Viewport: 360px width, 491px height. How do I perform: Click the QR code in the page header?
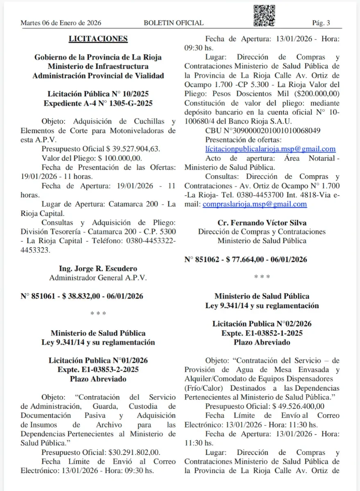coord(264,16)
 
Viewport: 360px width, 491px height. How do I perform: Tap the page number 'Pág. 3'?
coord(321,23)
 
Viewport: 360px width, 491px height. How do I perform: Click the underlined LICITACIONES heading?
coord(98,39)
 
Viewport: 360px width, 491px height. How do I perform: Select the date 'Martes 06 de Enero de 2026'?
coord(61,23)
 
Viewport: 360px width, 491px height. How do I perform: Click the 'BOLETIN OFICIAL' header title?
coord(174,23)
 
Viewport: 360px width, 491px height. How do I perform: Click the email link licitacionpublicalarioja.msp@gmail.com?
coord(270,149)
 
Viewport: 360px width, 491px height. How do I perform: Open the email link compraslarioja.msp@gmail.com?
coord(254,204)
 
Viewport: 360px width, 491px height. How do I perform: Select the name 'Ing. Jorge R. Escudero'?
coord(98,269)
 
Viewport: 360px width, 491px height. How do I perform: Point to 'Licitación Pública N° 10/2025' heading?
coord(98,94)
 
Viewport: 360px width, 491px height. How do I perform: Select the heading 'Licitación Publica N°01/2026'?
coord(98,360)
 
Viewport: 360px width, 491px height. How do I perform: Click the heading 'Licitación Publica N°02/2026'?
coord(262,324)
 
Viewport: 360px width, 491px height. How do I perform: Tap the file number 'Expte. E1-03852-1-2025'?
coord(262,333)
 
